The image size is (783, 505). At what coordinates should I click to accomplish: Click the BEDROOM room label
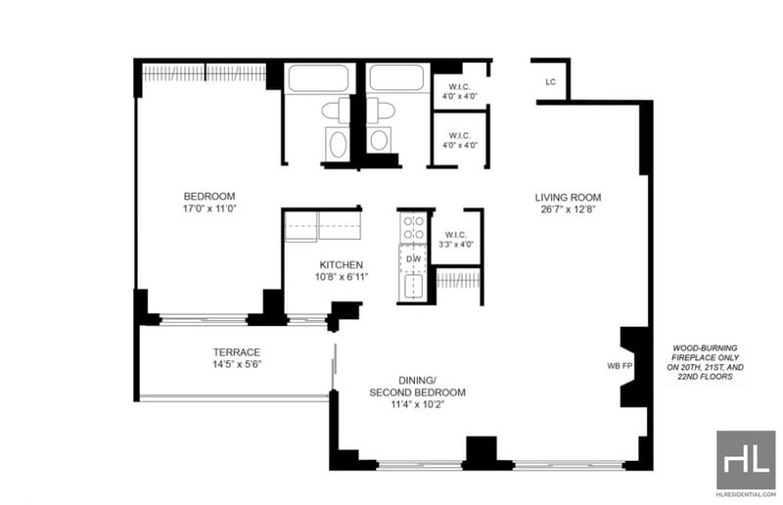[209, 197]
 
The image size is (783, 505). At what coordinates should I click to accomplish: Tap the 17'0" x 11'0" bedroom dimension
[209, 208]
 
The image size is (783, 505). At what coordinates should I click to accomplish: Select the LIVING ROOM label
[568, 198]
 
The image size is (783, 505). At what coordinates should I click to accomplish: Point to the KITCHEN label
[341, 265]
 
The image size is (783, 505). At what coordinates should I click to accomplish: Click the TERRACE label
[237, 352]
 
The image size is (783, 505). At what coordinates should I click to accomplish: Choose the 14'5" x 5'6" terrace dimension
[237, 365]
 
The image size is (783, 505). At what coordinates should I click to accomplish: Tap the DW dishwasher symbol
[413, 258]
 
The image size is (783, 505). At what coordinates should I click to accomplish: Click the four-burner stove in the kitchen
[413, 228]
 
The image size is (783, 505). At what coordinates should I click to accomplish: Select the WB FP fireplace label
[620, 366]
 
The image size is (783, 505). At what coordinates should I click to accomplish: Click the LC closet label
[550, 82]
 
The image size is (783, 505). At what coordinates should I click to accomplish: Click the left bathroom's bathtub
[318, 78]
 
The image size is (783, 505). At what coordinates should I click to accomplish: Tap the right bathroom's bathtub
[397, 78]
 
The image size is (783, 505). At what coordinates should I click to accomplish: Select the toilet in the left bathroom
[336, 111]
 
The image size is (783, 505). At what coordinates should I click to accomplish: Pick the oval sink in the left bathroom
[338, 145]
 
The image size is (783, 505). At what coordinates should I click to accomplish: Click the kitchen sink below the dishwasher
[413, 287]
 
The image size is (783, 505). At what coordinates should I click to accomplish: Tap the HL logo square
[746, 460]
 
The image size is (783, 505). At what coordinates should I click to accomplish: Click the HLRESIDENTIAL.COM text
[746, 494]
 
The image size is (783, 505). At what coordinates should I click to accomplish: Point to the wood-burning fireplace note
[705, 363]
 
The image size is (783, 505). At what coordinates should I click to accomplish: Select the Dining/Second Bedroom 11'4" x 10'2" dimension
[418, 404]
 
